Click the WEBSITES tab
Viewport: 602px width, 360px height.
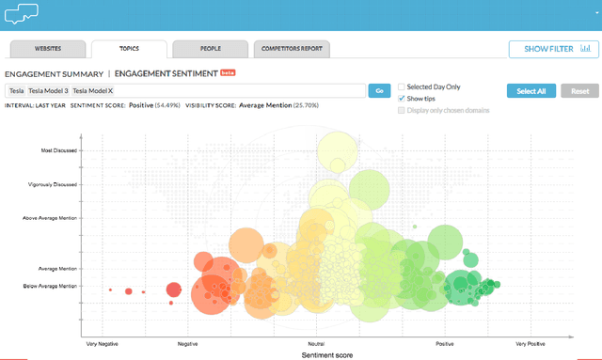click(48, 47)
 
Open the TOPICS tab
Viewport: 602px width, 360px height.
click(129, 47)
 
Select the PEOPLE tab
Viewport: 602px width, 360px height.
click(210, 47)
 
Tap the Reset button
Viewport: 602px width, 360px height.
click(579, 90)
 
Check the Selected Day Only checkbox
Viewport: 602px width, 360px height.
click(403, 86)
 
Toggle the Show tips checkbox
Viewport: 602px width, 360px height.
click(403, 97)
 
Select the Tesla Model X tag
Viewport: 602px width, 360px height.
click(92, 90)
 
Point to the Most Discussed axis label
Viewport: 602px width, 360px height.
click(58, 150)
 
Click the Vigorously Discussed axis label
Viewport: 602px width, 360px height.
click(53, 185)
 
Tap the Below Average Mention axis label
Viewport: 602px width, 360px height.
click(50, 286)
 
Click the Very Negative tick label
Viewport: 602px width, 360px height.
click(102, 344)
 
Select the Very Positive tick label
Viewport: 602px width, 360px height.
click(530, 344)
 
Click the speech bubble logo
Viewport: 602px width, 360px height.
click(24, 13)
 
